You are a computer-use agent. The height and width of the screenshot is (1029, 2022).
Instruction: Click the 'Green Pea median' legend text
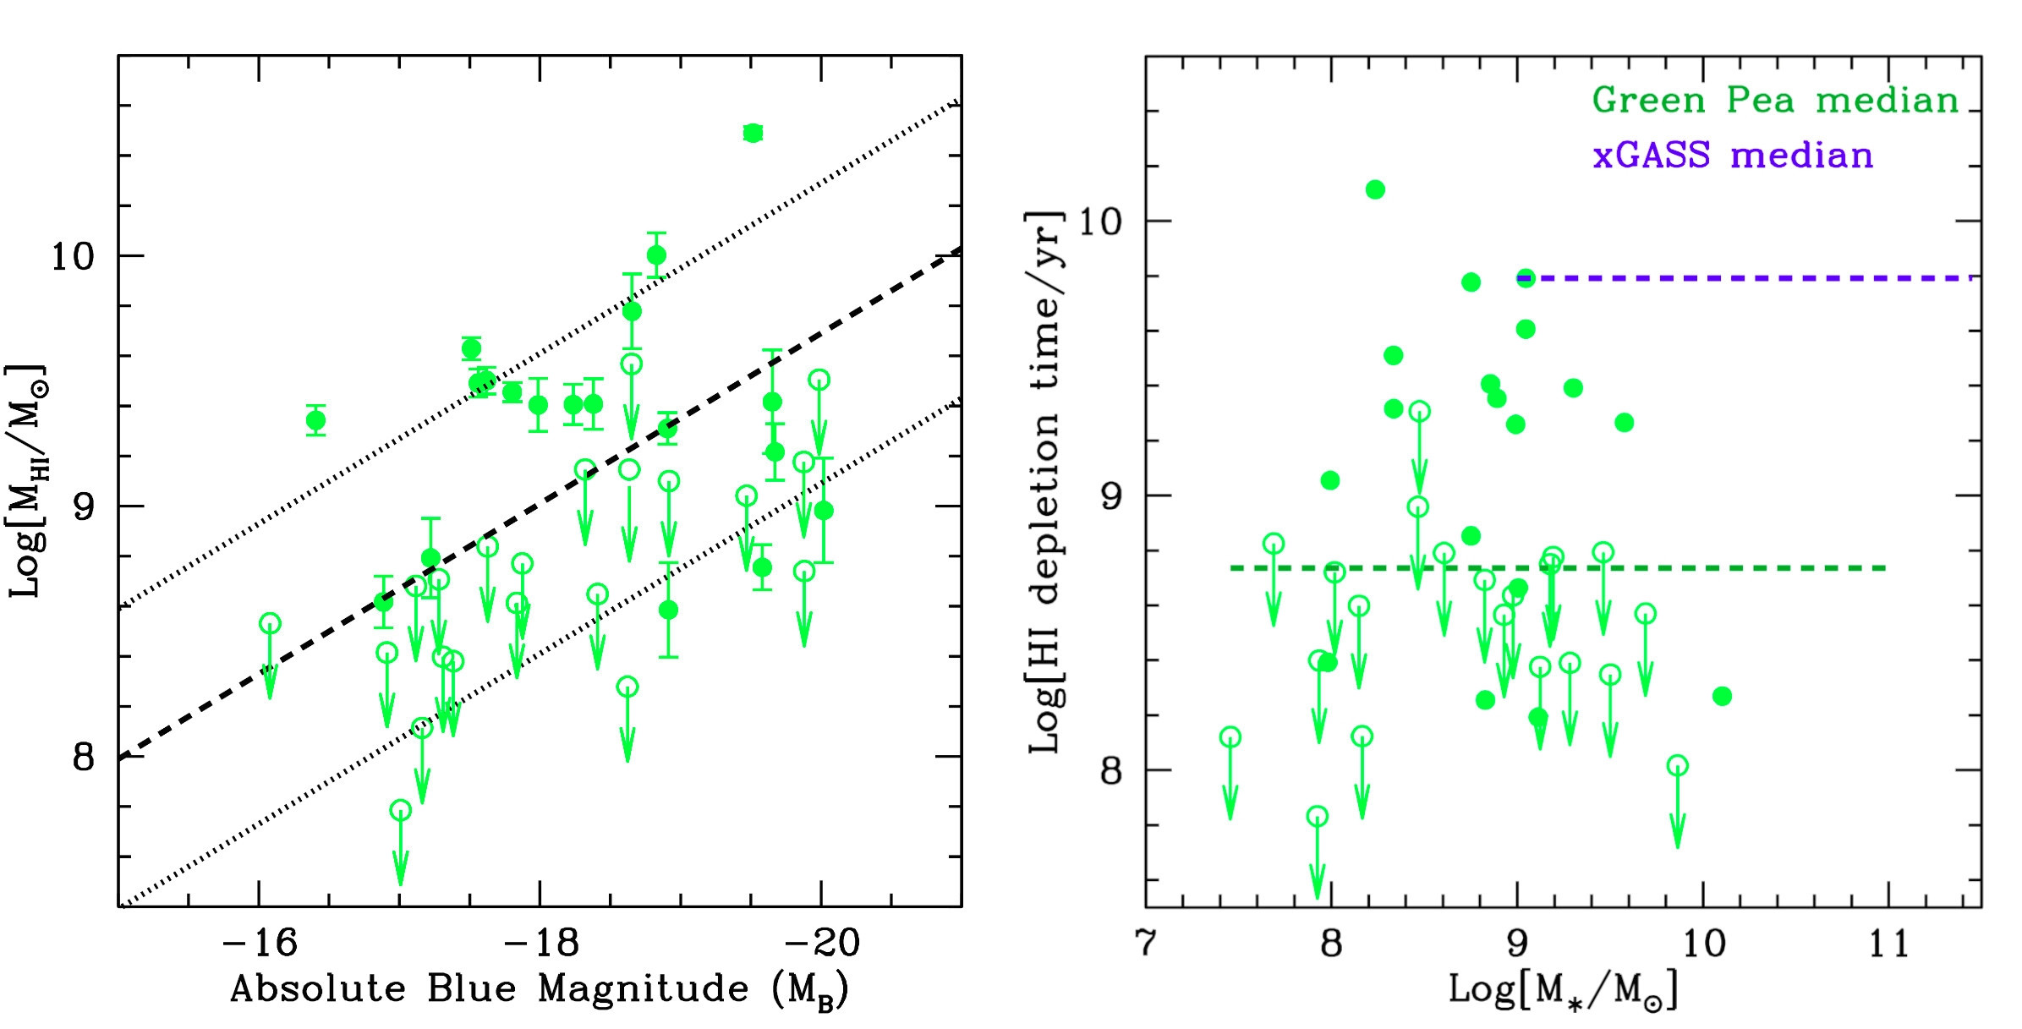(x=1775, y=101)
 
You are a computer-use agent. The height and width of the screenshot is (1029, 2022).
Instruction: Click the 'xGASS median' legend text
(x=1733, y=156)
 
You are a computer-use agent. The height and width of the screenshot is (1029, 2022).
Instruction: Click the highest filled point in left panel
(x=753, y=133)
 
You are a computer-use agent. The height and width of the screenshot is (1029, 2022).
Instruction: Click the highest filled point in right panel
(x=1375, y=189)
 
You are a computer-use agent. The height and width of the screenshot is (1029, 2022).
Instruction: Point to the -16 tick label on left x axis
(x=259, y=943)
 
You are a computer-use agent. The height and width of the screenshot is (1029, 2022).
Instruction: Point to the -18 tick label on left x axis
(x=540, y=943)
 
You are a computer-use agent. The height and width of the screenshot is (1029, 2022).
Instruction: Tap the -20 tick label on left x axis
(x=821, y=943)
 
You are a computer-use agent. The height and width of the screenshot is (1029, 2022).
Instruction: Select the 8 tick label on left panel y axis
(x=83, y=756)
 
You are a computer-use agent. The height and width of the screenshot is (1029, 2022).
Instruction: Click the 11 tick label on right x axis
(x=1888, y=943)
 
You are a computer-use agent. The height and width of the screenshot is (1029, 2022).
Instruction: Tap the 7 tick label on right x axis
(x=1146, y=943)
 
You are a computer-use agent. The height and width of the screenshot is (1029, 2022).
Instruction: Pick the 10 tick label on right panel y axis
(x=1099, y=222)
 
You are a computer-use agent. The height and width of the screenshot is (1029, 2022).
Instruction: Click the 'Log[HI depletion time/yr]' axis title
(x=1044, y=482)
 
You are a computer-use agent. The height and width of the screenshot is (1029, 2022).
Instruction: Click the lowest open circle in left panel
(x=400, y=810)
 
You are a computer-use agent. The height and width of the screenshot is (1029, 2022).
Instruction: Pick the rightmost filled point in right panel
(x=1722, y=696)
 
